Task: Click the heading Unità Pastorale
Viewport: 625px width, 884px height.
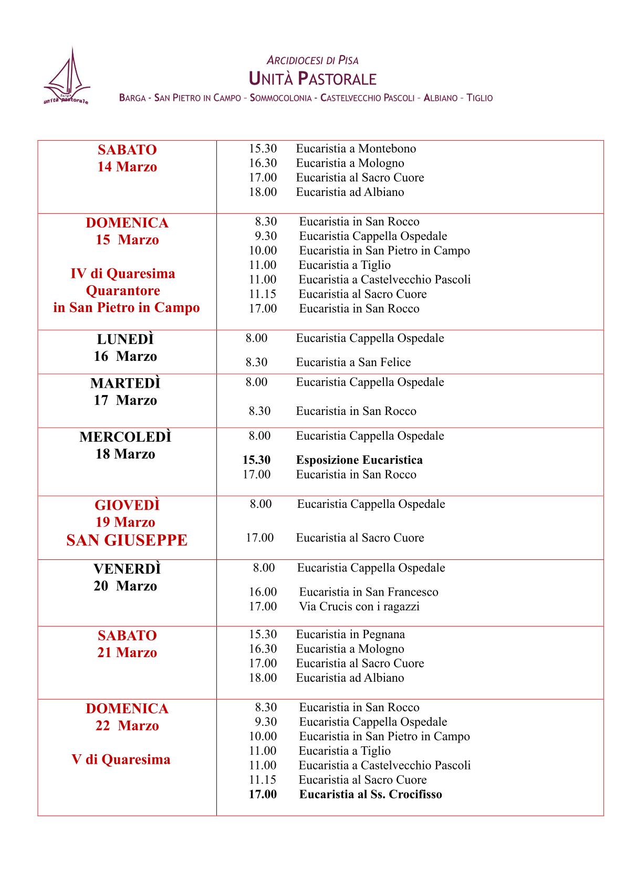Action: [x=312, y=79]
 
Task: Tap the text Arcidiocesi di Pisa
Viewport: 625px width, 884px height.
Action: [x=312, y=60]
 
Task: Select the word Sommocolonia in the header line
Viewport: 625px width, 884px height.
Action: [x=281, y=98]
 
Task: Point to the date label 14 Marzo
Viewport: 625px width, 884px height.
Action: [x=127, y=167]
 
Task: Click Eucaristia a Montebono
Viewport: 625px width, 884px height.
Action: [x=356, y=149]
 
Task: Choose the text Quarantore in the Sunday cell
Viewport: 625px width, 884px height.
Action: [x=123, y=290]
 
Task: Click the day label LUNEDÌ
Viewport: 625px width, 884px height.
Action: [x=126, y=339]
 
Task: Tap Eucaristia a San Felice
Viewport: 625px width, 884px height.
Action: [x=353, y=362]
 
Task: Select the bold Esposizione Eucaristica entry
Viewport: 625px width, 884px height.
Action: [x=359, y=460]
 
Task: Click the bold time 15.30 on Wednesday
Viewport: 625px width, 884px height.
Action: [x=256, y=460]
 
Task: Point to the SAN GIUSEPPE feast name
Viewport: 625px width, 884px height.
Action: [x=127, y=540]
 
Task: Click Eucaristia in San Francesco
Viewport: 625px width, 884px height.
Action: [x=368, y=592]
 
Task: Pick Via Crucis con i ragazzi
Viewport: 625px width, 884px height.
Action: [x=359, y=607]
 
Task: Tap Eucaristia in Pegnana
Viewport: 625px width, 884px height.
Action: [x=350, y=635]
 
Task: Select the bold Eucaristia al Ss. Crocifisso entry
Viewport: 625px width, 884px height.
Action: [x=370, y=794]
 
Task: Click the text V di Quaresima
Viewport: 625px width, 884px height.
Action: [x=121, y=760]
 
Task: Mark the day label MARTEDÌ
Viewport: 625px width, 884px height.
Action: [x=126, y=383]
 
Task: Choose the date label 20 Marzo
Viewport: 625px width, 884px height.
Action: [x=126, y=586]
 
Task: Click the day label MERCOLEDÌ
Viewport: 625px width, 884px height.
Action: [x=126, y=437]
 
